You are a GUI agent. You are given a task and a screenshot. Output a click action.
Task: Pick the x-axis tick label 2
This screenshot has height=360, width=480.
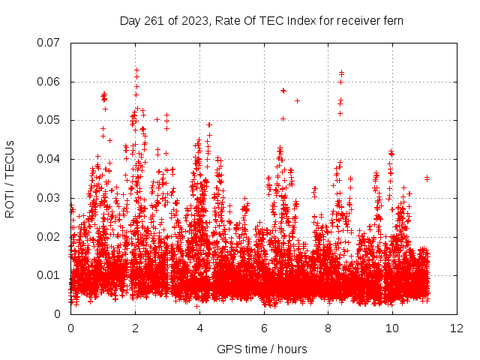[135, 328]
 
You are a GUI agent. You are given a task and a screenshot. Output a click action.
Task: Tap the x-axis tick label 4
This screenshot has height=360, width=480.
[199, 328]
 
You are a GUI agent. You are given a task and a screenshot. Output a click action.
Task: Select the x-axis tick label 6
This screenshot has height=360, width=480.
[264, 328]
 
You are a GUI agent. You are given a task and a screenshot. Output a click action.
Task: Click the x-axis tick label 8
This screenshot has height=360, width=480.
[328, 328]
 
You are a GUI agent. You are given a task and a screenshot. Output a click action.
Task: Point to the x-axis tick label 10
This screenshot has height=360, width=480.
[392, 328]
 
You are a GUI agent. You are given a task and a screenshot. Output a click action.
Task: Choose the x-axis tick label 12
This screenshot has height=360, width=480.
[457, 328]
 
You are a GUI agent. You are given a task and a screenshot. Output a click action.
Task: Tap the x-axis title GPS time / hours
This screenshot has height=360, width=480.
[262, 349]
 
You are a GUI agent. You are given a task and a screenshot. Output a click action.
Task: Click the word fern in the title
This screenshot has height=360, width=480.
[393, 20]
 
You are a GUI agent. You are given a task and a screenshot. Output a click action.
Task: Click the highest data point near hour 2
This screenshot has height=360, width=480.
[136, 70]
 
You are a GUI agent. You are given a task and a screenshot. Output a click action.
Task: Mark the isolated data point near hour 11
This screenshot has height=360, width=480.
[427, 178]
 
